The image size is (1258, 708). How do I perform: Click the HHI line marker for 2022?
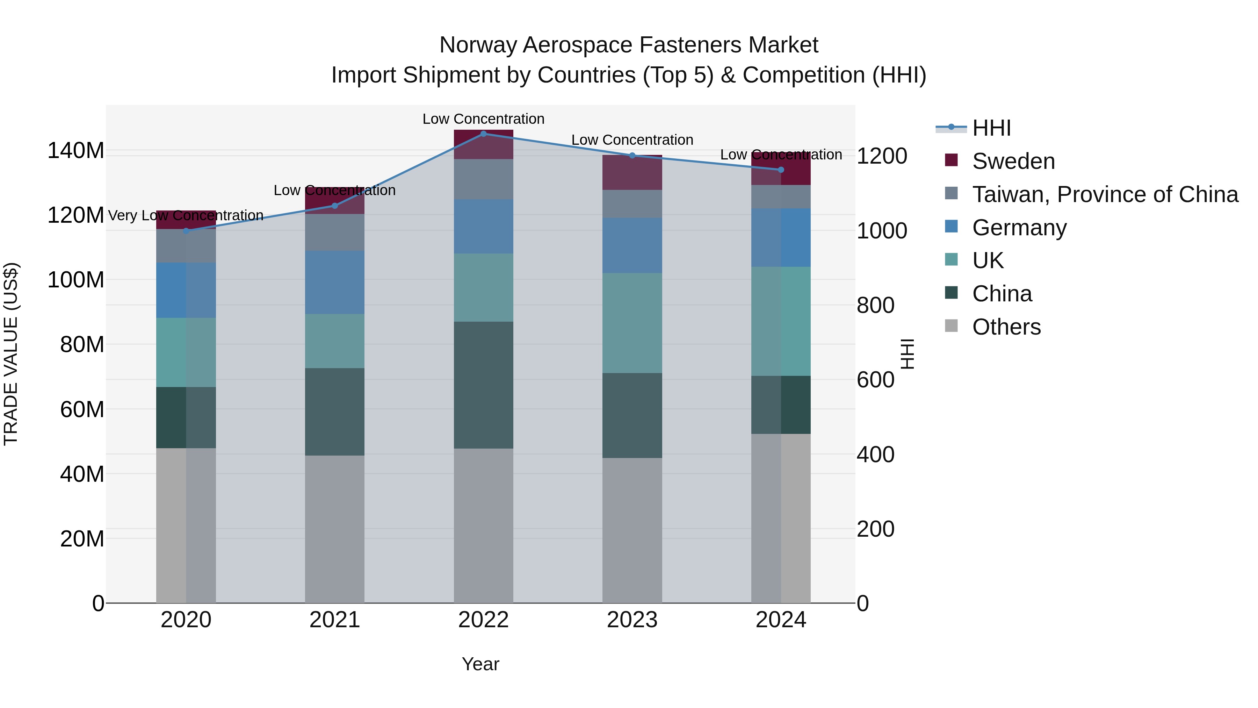[484, 134]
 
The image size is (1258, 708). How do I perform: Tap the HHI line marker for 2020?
[186, 231]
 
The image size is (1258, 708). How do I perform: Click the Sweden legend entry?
[1013, 161]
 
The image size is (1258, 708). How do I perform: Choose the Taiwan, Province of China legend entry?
[1105, 194]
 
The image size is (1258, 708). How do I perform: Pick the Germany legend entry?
[1019, 228]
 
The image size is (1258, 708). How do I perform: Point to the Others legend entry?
[1006, 327]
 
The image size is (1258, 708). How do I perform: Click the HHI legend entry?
[991, 128]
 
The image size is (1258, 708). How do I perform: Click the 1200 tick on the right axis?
[882, 156]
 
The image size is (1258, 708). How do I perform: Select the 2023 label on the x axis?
[632, 620]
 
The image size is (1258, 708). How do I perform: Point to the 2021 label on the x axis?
[334, 620]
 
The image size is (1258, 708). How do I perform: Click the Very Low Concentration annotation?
[186, 215]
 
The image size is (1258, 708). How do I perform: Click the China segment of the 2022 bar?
[484, 385]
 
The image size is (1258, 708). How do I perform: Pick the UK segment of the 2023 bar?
[632, 323]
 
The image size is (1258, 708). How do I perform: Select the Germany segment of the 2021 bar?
[334, 283]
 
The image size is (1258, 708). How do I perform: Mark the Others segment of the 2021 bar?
[334, 529]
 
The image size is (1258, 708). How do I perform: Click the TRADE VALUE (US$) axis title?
[11, 354]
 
